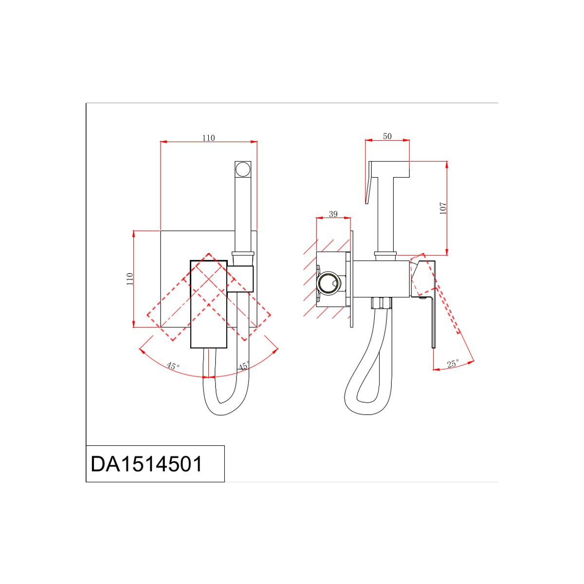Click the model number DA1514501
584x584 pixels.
tap(146, 464)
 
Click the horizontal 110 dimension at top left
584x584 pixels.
tap(208, 138)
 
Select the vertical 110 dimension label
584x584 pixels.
tap(130, 279)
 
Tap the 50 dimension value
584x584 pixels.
tap(387, 136)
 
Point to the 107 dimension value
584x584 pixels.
tap(443, 208)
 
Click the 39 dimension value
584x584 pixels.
tap(333, 214)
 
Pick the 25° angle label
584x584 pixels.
tap(453, 364)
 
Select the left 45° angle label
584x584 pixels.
tap(173, 366)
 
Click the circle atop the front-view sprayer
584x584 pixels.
tap(243, 169)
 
